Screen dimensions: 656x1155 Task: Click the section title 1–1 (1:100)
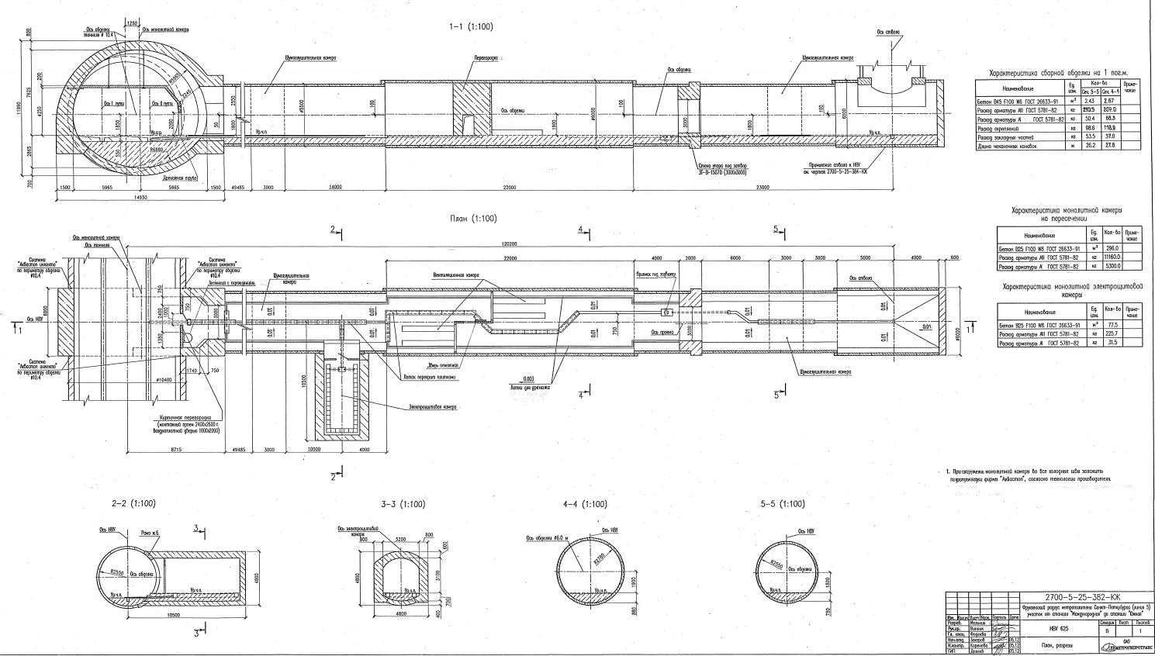(x=470, y=26)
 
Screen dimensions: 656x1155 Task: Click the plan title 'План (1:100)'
(x=472, y=219)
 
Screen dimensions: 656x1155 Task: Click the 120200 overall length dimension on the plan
(x=509, y=243)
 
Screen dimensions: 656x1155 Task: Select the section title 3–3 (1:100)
(x=403, y=504)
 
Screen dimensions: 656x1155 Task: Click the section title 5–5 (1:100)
(x=783, y=504)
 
